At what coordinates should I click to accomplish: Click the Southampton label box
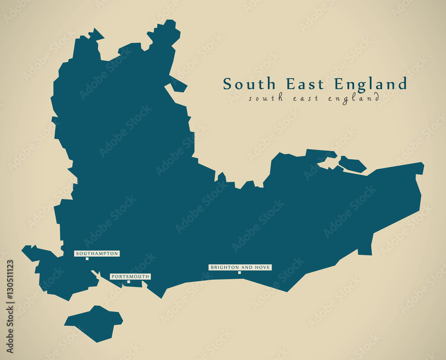click(97, 253)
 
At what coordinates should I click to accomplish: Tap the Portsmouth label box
click(130, 277)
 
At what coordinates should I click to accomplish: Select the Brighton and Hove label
click(240, 267)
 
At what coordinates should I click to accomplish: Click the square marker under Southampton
click(87, 259)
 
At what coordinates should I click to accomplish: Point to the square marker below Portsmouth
click(128, 281)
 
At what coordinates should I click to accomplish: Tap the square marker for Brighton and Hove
click(240, 273)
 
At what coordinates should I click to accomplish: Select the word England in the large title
click(370, 84)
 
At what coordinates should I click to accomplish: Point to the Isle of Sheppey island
click(352, 165)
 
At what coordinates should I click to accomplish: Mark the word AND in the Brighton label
click(248, 267)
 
